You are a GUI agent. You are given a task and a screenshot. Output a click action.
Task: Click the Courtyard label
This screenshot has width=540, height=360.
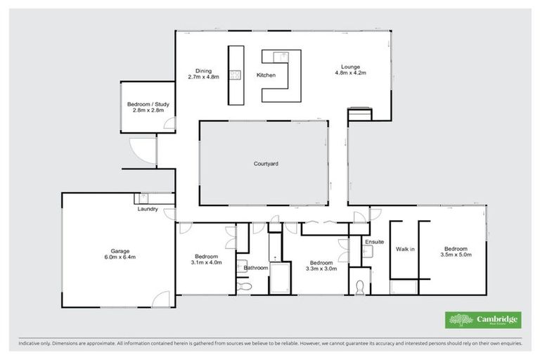pyautogui.click(x=266, y=164)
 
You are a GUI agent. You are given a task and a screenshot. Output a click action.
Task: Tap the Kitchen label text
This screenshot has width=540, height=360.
pyautogui.click(x=266, y=75)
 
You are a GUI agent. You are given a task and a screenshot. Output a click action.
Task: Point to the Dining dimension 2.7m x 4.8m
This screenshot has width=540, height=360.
pyautogui.click(x=204, y=77)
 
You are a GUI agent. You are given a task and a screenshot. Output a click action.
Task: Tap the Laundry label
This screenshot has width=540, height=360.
pyautogui.click(x=146, y=209)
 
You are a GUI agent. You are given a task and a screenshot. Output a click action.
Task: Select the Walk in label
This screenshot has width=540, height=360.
pyautogui.click(x=404, y=249)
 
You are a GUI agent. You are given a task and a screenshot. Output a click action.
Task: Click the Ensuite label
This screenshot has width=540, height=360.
pyautogui.click(x=374, y=242)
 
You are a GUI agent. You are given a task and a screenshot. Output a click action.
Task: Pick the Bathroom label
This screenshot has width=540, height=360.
pyautogui.click(x=256, y=268)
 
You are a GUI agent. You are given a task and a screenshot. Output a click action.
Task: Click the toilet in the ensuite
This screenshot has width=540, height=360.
pyautogui.click(x=360, y=287)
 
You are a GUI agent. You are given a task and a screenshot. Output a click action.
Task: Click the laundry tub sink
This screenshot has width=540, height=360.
pyautogui.click(x=148, y=199)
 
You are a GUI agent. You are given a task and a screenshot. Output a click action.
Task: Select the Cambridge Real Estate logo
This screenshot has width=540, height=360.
pyautogui.click(x=483, y=320)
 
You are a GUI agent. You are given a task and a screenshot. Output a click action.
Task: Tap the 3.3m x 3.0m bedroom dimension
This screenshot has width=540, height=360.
pyautogui.click(x=321, y=268)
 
